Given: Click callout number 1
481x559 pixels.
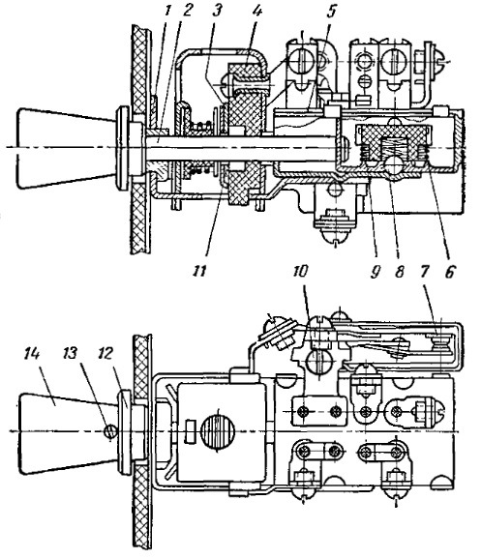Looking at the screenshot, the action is coord(166,10).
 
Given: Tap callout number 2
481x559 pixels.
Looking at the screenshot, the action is coord(186,10).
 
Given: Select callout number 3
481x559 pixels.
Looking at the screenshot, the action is coord(217,10).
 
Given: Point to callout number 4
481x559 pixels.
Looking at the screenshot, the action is coord(256,10).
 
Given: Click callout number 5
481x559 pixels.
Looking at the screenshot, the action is coord(331,11).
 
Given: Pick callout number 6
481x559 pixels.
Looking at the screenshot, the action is coord(449,272).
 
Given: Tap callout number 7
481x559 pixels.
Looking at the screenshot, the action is coord(424,272).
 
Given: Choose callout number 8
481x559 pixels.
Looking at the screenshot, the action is coord(400,272).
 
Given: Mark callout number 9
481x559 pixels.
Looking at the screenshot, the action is coord(375,272).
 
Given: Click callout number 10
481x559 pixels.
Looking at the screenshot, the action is coord(300,272).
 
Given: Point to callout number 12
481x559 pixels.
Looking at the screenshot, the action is coord(105,354).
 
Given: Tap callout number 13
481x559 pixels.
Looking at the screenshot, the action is coord(70,354).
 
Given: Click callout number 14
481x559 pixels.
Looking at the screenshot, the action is coord(32,354).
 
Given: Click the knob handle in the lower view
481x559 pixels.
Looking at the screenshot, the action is coord(69,432).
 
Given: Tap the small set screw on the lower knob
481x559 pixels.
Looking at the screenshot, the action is coord(110,432).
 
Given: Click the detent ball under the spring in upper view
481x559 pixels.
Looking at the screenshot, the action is coord(394,165).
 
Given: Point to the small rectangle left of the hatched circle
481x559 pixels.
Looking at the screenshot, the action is coord(191,431).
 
